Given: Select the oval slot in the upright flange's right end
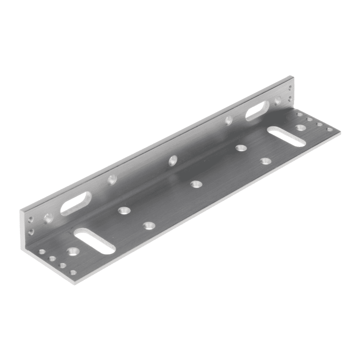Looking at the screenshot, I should tap(257, 110).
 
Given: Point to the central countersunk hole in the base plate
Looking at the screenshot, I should tap(195, 184).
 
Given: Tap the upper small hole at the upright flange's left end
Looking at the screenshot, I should tap(30, 219).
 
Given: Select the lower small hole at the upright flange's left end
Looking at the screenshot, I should tap(31, 231).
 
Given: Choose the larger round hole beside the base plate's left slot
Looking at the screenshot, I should tap(72, 252).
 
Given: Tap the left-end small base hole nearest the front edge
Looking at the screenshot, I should tap(73, 273).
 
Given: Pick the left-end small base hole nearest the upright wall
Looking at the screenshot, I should tap(42, 252).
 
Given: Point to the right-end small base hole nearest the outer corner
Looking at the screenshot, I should tap(329, 130).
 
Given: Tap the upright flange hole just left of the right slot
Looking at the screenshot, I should tap(229, 120).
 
